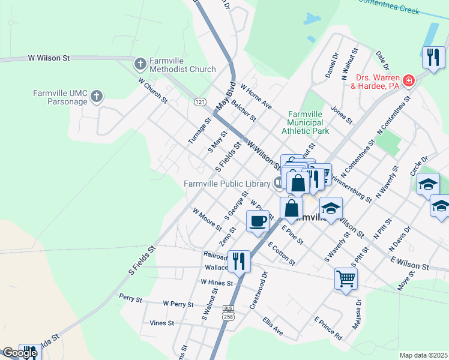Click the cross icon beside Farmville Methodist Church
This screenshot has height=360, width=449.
(x=139, y=63)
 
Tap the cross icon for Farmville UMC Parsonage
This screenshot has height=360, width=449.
(x=96, y=95)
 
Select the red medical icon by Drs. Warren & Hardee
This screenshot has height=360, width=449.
(x=408, y=80)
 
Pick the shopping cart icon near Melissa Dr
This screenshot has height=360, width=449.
(x=346, y=278)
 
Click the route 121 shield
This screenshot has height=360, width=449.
(x=200, y=102)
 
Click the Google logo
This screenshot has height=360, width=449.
(x=20, y=353)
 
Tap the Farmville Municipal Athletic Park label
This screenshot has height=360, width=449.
(x=308, y=122)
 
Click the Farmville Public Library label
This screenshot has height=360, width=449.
(x=226, y=182)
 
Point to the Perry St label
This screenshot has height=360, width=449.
(x=130, y=298)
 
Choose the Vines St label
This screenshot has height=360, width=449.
(x=161, y=323)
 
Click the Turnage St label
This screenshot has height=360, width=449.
(x=200, y=130)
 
